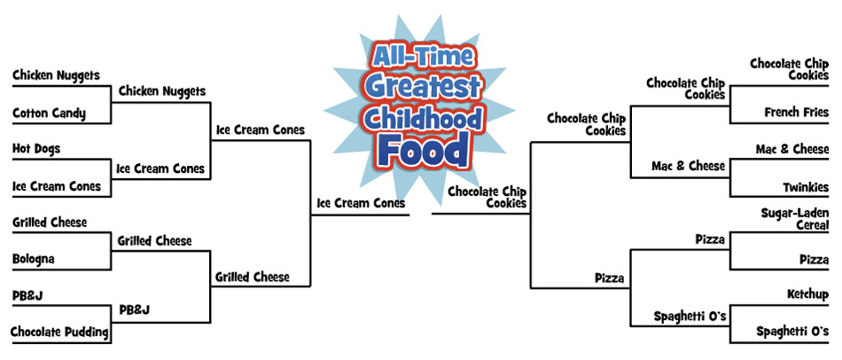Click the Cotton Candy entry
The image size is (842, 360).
tap(49, 113)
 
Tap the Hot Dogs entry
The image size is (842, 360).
tap(36, 148)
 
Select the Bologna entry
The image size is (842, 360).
tap(34, 259)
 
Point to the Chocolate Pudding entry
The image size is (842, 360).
tap(59, 332)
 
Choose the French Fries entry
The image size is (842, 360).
tap(797, 113)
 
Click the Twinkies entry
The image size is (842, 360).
tap(806, 187)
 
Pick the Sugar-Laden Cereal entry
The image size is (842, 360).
tap(795, 219)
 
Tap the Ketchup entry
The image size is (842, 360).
tap(807, 294)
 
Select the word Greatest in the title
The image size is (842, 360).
tap(423, 87)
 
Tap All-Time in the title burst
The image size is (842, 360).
tap(422, 57)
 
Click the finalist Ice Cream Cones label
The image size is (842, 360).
tap(361, 203)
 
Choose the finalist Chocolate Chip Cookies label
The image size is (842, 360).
tap(487, 197)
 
